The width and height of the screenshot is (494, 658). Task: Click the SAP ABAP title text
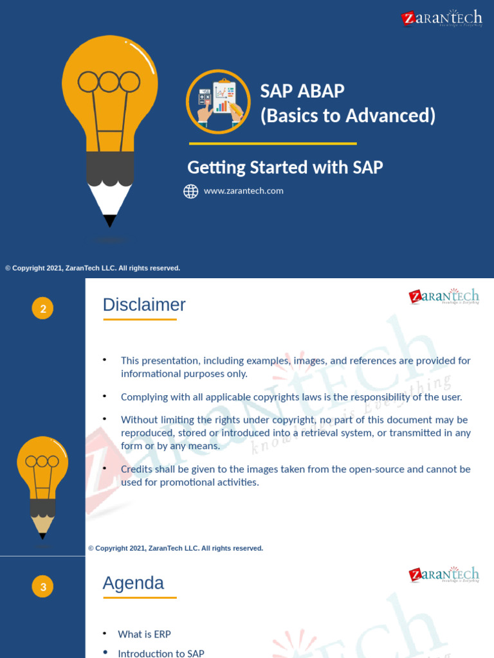302,91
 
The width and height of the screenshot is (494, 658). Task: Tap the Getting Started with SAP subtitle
285,168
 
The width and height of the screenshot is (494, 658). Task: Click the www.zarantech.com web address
243,191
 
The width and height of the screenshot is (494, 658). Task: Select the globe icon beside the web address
191,191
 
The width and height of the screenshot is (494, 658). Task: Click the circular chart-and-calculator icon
218,102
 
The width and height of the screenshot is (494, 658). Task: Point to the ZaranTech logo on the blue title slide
441,18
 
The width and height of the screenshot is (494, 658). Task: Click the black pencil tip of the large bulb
110,220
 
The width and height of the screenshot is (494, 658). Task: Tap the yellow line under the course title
272,143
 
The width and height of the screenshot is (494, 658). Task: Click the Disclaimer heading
144,305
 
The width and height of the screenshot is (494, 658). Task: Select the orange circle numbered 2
43,310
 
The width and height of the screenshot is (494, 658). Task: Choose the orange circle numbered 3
43,587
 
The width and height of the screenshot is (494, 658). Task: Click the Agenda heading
133,583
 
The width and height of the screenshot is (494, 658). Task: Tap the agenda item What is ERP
144,634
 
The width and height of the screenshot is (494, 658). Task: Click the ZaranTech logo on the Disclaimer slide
444,297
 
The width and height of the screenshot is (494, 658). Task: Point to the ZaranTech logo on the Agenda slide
444,574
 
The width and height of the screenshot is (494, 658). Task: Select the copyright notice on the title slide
93,268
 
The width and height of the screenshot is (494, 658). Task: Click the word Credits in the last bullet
137,469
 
